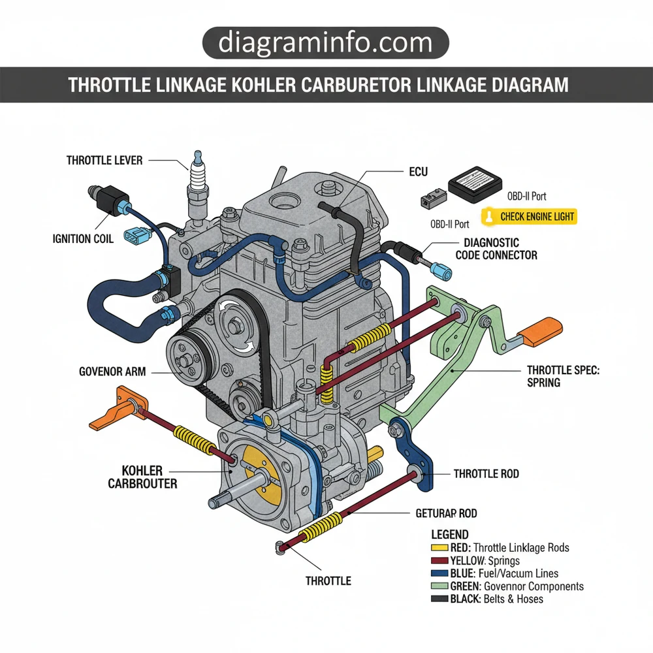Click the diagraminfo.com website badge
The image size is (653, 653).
point(325,44)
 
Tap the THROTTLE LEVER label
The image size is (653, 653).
point(104,160)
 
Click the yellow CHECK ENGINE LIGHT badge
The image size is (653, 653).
point(529,216)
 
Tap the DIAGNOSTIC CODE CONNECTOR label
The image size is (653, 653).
point(496,249)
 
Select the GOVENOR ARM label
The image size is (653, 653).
point(112,372)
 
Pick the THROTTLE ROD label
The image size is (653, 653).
point(486,473)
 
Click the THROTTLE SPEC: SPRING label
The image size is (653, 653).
point(563,376)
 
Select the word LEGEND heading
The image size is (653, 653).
point(450,535)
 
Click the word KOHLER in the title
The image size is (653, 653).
point(262,85)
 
